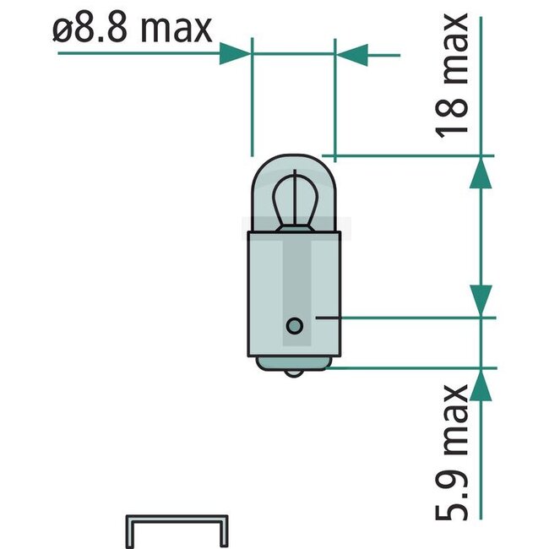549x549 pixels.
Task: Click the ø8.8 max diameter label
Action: click(131, 30)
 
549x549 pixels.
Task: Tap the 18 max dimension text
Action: click(452, 76)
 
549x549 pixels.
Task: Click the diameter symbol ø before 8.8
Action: click(62, 31)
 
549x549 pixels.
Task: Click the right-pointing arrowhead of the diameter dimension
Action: click(235, 54)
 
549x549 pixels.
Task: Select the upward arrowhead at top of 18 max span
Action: click(480, 173)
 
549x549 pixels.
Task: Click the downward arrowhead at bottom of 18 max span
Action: click(480, 300)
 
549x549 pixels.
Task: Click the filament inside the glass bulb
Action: click(293, 198)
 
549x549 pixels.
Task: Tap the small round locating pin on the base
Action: click(294, 324)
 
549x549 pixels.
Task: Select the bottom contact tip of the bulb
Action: click(293, 372)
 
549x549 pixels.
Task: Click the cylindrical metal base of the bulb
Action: click(293, 287)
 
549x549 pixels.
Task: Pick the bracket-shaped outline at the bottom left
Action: click(177, 528)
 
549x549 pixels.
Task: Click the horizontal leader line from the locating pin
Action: click(397, 318)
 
